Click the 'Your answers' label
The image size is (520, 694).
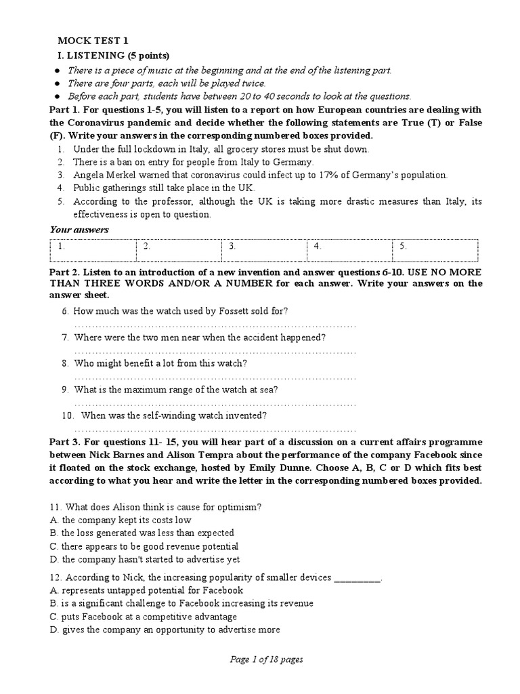point(79,230)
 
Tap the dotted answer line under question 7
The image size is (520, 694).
point(215,351)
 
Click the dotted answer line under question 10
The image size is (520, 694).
point(215,429)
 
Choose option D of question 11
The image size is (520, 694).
point(145,559)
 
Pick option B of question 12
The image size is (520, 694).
point(181,603)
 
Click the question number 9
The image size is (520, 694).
point(65,390)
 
